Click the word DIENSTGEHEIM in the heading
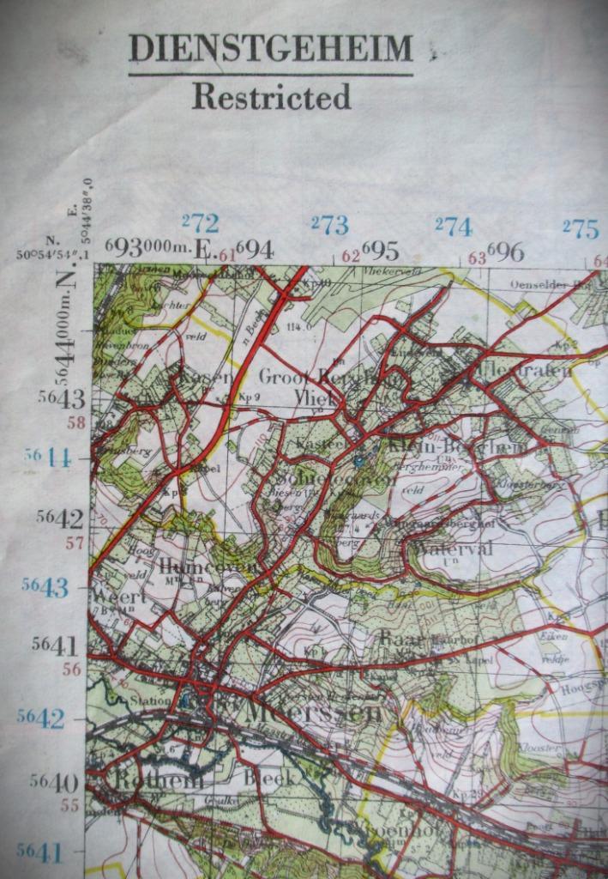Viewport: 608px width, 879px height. [x=270, y=50]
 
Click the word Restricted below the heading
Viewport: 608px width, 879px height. [x=271, y=97]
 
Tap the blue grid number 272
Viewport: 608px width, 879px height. [x=200, y=224]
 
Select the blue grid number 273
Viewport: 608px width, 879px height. [x=329, y=226]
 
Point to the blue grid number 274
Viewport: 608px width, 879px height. [x=454, y=227]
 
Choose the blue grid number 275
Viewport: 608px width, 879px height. [x=581, y=228]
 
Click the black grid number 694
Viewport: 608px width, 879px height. [x=255, y=250]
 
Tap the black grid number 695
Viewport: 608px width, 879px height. [x=380, y=251]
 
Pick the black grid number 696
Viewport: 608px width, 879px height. [x=505, y=252]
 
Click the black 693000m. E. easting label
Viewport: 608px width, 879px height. [x=159, y=248]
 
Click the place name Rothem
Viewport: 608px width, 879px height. [x=160, y=779]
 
